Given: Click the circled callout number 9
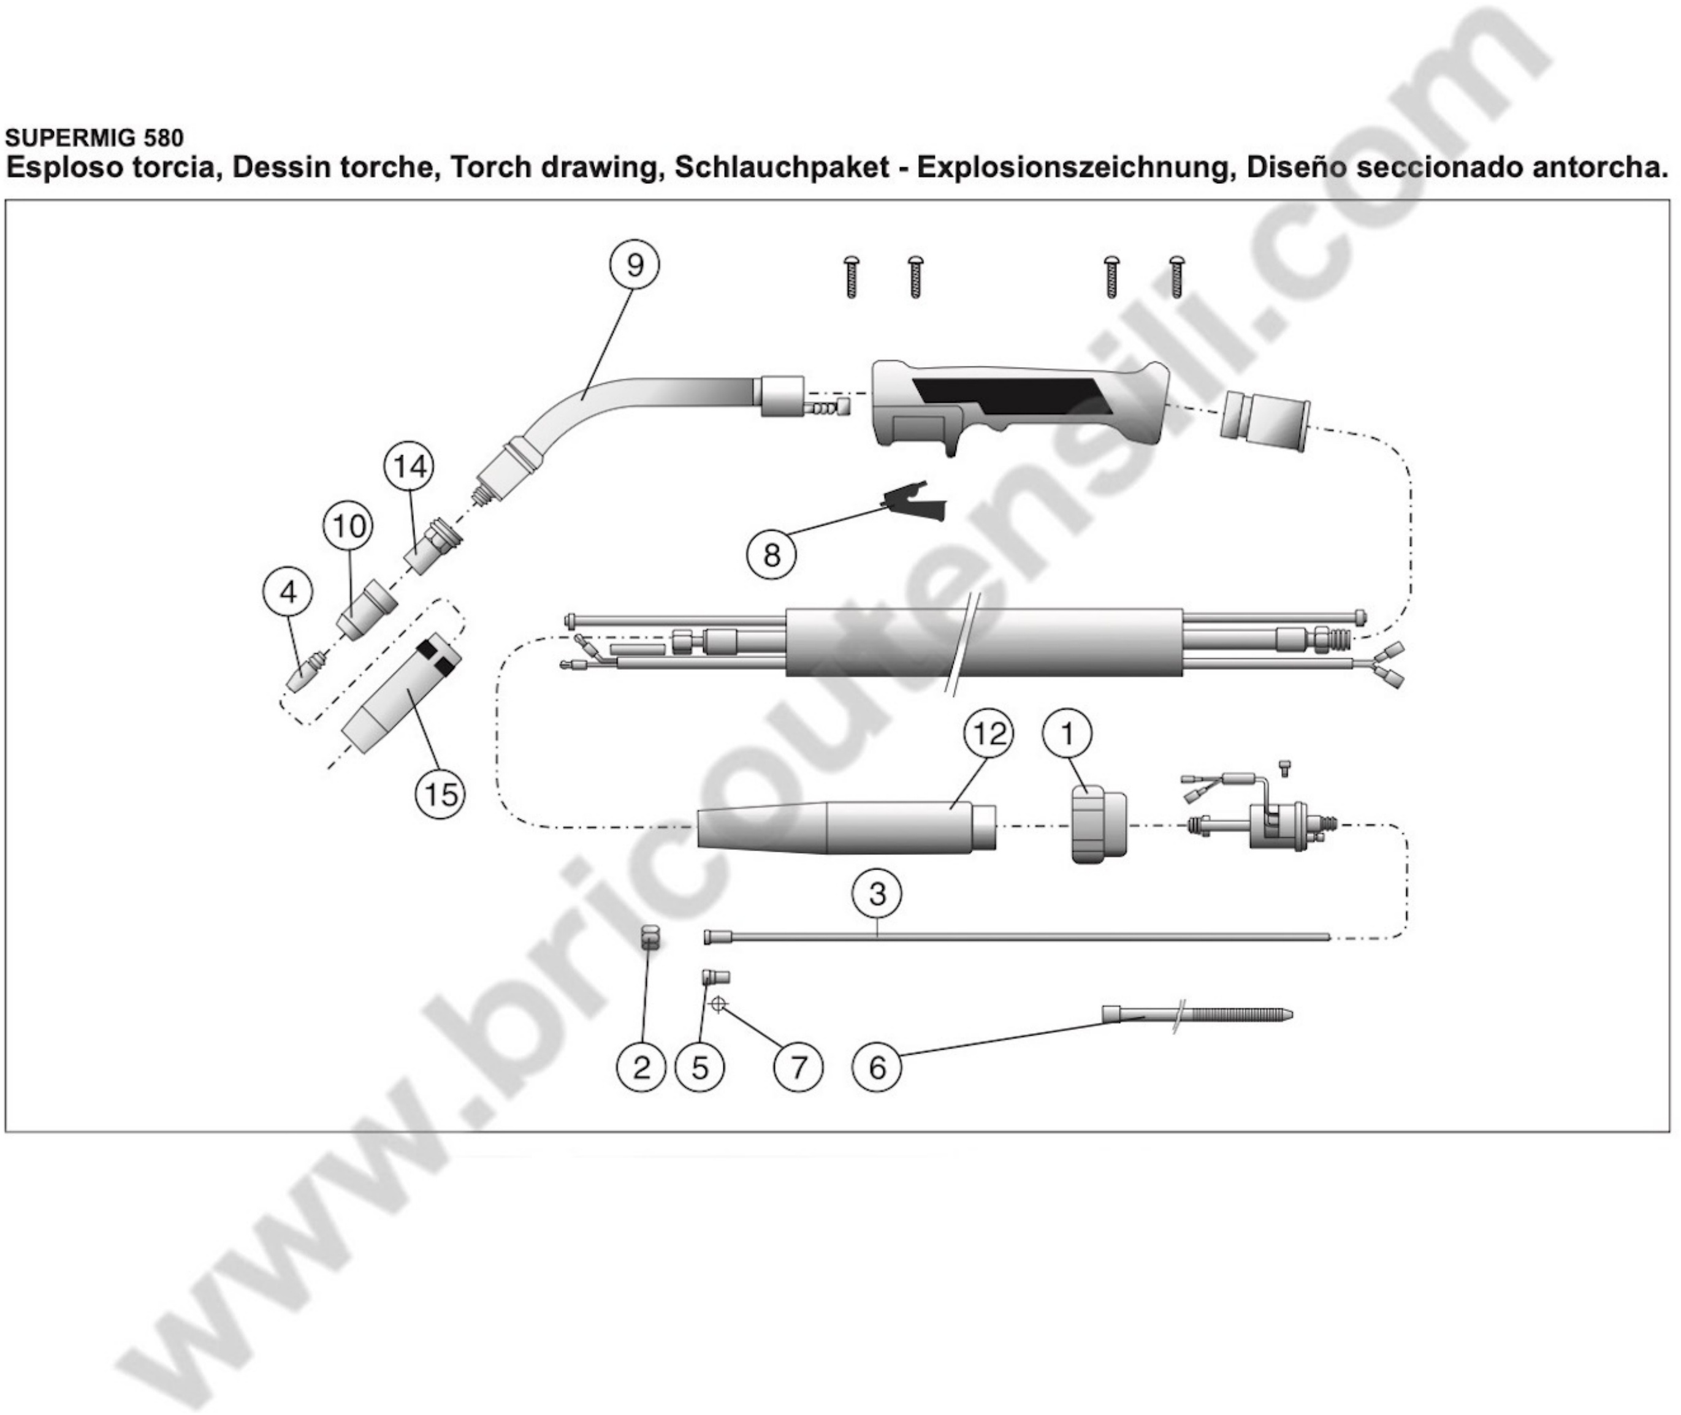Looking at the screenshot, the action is click(635, 265).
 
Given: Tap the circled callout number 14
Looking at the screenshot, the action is click(410, 467).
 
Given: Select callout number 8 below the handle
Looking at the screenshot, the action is click(772, 554).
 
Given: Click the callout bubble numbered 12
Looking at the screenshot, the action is click(989, 733).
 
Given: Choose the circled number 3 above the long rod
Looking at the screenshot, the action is click(878, 893).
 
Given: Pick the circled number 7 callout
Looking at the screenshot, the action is click(798, 1068).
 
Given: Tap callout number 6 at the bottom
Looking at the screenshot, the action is click(877, 1068).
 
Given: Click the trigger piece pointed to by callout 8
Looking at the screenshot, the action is click(915, 504).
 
